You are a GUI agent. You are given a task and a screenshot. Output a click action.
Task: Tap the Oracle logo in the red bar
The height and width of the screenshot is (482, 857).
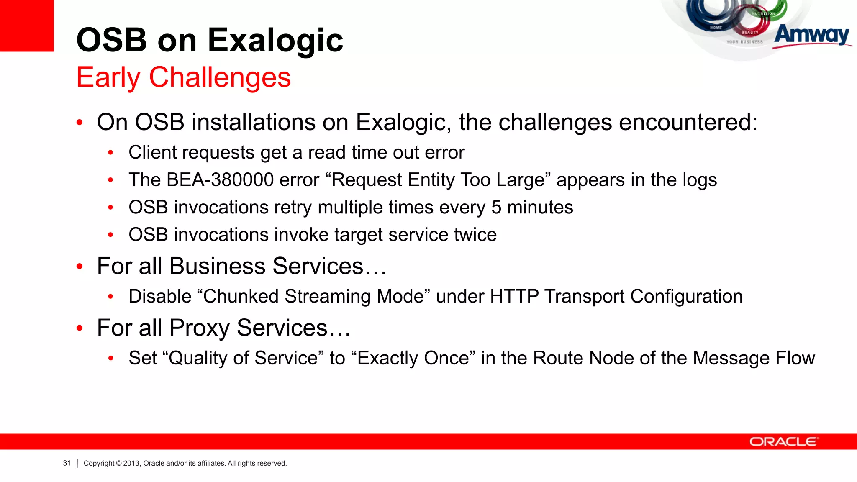pos(783,442)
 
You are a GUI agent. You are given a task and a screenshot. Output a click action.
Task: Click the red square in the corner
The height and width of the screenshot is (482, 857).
pos(26,25)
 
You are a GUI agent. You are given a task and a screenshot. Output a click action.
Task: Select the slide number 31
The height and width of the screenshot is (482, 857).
pos(67,463)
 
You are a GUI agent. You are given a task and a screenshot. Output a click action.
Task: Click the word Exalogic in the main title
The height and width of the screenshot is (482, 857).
pos(275,41)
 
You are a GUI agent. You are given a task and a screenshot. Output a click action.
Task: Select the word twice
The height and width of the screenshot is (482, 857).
pos(475,235)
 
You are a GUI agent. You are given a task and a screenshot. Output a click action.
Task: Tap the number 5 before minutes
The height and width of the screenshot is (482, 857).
pos(496,208)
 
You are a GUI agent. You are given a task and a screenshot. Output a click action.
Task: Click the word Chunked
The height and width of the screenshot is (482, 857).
pos(241,297)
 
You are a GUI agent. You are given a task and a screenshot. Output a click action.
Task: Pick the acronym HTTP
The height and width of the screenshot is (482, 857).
pos(514,297)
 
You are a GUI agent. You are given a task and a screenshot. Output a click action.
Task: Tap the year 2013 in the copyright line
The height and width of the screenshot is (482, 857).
pos(131,463)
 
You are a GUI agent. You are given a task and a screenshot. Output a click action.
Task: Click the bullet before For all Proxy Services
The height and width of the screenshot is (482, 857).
pos(80,328)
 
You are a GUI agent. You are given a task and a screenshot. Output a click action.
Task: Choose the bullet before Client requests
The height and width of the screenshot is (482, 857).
pos(110,153)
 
